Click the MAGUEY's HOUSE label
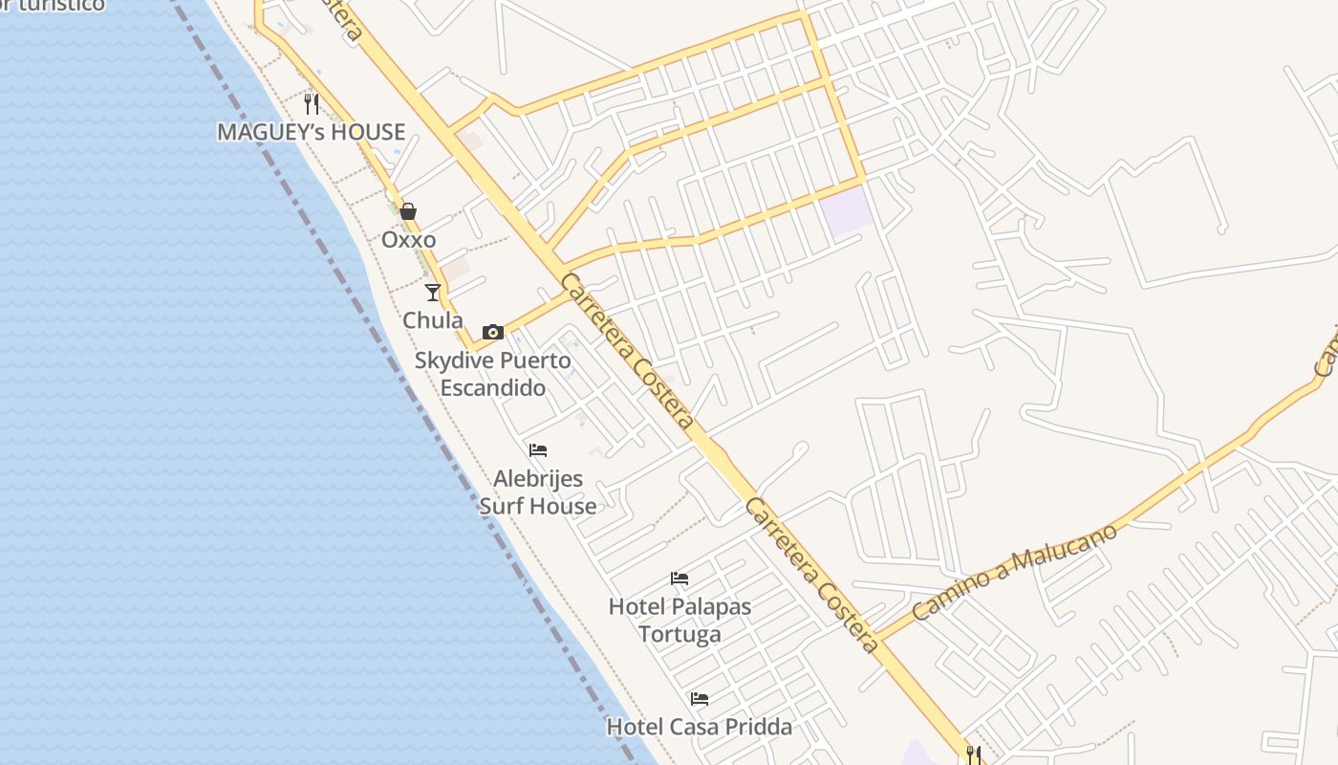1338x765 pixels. click(x=312, y=132)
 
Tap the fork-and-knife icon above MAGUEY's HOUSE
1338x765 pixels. click(x=312, y=103)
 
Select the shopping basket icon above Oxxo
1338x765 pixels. click(x=408, y=211)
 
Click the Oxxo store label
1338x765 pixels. click(x=409, y=240)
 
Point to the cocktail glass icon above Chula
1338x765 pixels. click(x=433, y=292)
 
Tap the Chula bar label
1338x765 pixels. click(x=433, y=320)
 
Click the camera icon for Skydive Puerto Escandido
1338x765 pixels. click(x=493, y=333)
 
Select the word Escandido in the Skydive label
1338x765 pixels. click(x=493, y=388)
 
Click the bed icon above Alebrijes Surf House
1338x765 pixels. click(x=538, y=450)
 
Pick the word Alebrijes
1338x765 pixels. click(x=538, y=478)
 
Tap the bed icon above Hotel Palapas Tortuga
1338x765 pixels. click(x=680, y=579)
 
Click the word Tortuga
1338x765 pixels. click(x=680, y=634)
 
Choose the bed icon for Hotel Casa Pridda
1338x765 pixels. click(x=700, y=699)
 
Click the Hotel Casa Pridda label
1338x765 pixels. click(x=700, y=727)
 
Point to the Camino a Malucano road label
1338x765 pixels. click(x=1015, y=571)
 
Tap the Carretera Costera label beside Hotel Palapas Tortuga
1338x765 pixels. click(x=811, y=575)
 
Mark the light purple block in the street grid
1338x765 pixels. click(x=848, y=210)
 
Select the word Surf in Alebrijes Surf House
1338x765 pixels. click(x=509, y=506)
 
